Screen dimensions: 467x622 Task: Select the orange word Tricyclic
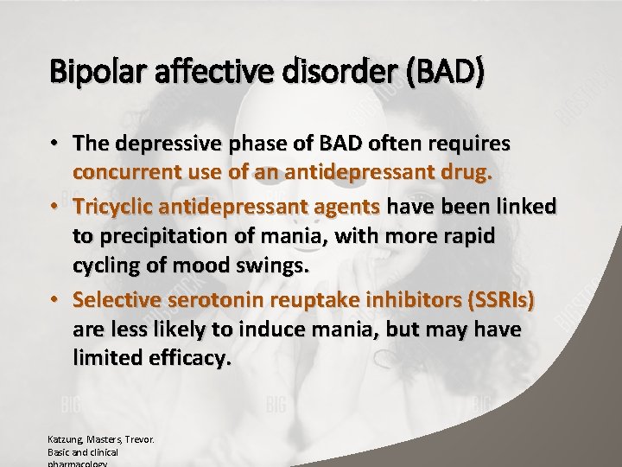pos(115,207)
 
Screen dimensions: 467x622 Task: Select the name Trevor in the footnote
pos(139,439)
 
